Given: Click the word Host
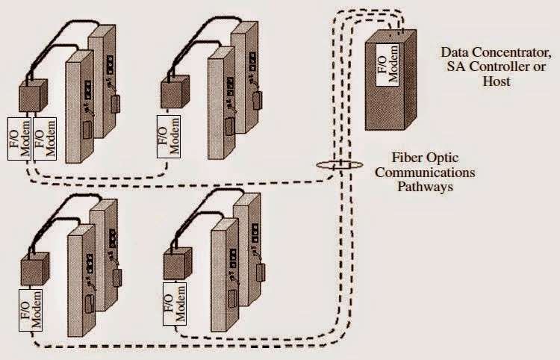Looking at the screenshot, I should click(496, 81).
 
